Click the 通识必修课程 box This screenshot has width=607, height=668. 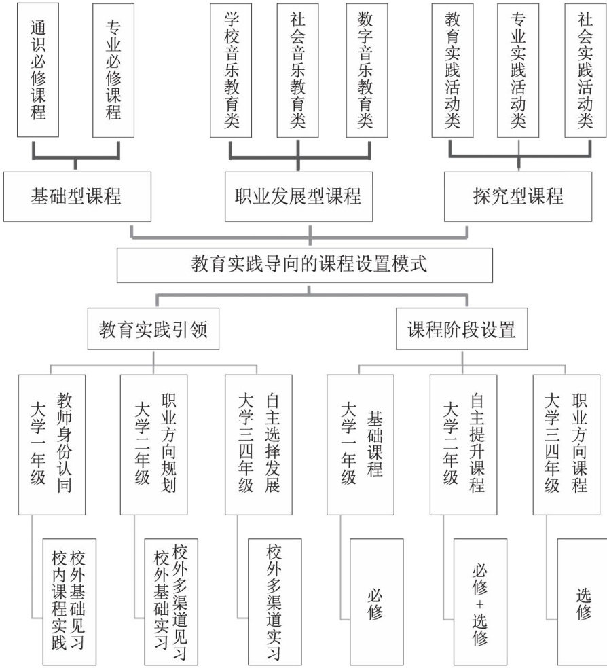[x=39, y=70]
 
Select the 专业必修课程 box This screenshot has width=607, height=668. [x=113, y=70]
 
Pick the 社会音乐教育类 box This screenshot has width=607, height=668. [x=298, y=70]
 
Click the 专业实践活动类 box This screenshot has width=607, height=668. [x=519, y=70]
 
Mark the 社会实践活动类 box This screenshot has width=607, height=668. [x=585, y=70]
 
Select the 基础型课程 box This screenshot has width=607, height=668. [x=76, y=196]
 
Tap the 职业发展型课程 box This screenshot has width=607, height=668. [x=299, y=196]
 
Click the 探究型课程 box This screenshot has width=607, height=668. [x=519, y=196]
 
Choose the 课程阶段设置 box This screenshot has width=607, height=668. [x=462, y=330]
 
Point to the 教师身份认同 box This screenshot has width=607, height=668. [x=52, y=444]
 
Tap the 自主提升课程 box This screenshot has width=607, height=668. [x=463, y=444]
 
